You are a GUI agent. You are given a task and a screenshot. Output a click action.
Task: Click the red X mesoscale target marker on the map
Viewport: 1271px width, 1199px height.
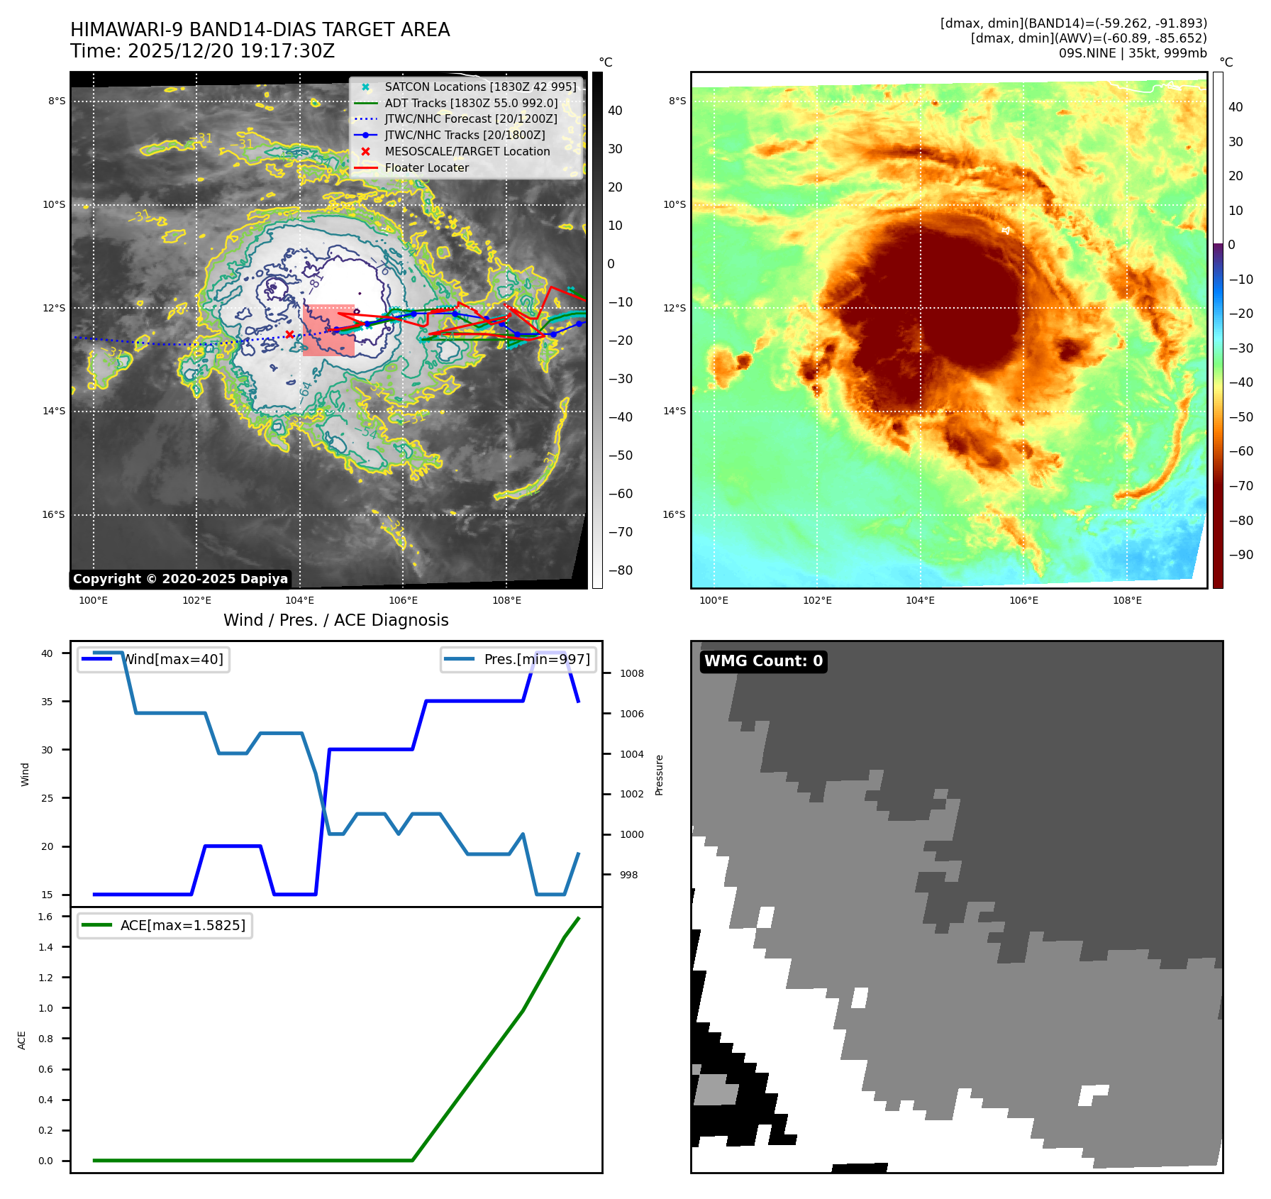point(289,334)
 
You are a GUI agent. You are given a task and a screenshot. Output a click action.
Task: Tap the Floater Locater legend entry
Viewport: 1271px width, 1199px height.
point(426,167)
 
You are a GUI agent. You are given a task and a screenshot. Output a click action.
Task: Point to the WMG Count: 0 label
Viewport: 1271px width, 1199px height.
point(763,661)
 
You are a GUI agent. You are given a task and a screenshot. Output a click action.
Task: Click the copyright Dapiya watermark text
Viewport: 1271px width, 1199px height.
point(180,579)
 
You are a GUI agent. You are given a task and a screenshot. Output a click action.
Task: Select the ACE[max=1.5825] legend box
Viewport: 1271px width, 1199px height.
point(165,925)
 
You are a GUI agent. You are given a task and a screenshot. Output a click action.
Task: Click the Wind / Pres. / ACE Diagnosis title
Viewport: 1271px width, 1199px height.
point(335,620)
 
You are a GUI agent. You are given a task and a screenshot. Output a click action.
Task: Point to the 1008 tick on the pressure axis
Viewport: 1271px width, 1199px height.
point(632,673)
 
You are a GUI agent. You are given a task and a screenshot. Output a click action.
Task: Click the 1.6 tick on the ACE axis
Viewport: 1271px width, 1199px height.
point(45,917)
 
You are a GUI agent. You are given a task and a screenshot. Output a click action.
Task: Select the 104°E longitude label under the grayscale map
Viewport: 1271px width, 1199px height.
point(299,600)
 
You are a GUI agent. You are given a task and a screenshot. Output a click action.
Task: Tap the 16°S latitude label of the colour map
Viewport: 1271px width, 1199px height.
point(674,514)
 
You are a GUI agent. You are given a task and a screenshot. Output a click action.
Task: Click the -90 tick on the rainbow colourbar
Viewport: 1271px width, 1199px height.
point(1241,555)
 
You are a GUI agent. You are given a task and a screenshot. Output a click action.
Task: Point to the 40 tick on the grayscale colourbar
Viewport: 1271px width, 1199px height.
point(615,111)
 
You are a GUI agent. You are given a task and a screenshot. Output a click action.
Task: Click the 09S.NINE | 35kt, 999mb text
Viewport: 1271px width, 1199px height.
point(1132,53)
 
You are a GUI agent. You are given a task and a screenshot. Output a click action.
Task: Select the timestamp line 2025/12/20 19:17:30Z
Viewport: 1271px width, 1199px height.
point(202,51)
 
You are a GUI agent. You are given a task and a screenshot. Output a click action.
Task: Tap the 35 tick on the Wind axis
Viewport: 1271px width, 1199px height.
point(47,702)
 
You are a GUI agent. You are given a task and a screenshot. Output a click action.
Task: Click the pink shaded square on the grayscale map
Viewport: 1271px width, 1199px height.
point(328,331)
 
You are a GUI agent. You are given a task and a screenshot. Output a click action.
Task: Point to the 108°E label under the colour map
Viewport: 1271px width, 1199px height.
point(1127,600)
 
